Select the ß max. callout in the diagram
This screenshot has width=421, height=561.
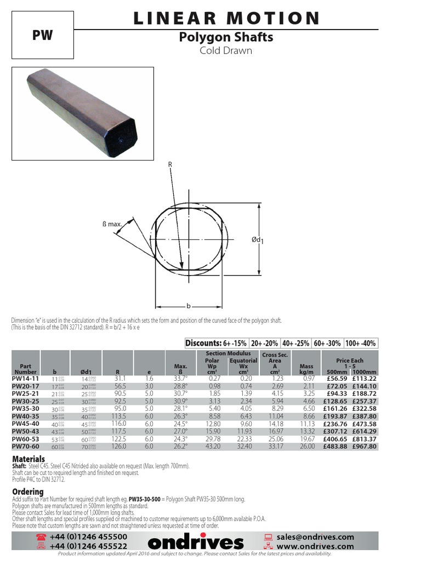(x=112, y=224)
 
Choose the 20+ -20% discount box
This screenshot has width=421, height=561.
(x=264, y=343)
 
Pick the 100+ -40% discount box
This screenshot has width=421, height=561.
(x=360, y=343)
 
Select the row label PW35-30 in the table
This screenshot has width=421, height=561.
(x=26, y=408)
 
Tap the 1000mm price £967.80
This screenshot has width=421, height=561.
(x=364, y=446)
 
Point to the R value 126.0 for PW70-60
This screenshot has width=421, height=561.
(x=116, y=446)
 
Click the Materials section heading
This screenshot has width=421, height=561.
(x=29, y=459)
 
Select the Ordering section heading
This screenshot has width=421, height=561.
(x=27, y=492)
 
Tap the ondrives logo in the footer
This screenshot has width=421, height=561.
(x=196, y=542)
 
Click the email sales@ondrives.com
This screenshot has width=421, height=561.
(x=315, y=537)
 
